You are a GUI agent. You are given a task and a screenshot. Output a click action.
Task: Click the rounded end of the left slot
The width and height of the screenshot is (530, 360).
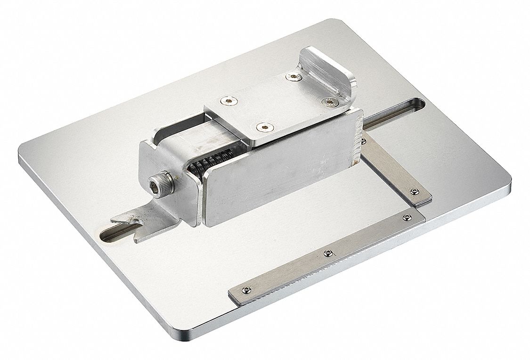[x=105, y=234]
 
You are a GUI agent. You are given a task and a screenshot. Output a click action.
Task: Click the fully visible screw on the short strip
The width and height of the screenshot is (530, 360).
[x=414, y=191]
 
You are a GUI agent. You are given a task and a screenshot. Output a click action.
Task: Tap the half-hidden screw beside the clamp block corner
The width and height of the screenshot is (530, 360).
[x=363, y=140]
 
